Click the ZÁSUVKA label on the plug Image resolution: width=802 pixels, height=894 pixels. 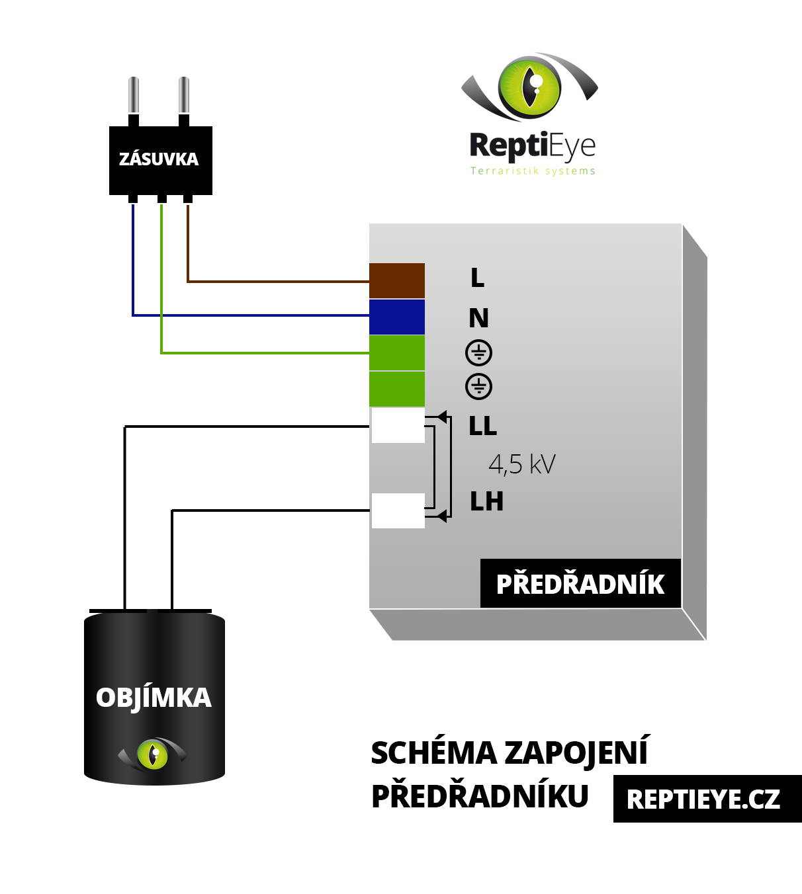[x=159, y=159]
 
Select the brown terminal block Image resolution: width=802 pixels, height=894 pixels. [x=397, y=281]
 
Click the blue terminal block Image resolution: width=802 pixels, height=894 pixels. [x=397, y=317]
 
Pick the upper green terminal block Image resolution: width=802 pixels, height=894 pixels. [x=397, y=352]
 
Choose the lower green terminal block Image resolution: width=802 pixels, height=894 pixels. [x=397, y=389]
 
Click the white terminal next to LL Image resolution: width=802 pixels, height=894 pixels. [x=398, y=426]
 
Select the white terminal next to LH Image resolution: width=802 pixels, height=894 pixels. [x=398, y=510]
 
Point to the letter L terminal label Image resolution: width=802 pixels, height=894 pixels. [x=477, y=278]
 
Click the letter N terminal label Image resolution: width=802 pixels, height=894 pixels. [x=478, y=319]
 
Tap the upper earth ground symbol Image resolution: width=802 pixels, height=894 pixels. [x=478, y=352]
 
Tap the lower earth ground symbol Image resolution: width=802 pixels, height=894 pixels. [x=478, y=386]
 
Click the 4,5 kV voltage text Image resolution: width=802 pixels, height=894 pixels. [x=521, y=464]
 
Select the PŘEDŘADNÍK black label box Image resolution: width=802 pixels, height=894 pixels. [x=580, y=584]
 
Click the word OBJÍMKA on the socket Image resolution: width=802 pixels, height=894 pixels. [x=154, y=698]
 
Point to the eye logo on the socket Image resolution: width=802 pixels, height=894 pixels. [x=153, y=754]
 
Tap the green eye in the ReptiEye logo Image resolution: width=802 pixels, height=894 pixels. [x=530, y=87]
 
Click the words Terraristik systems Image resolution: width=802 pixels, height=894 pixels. [x=533, y=171]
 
